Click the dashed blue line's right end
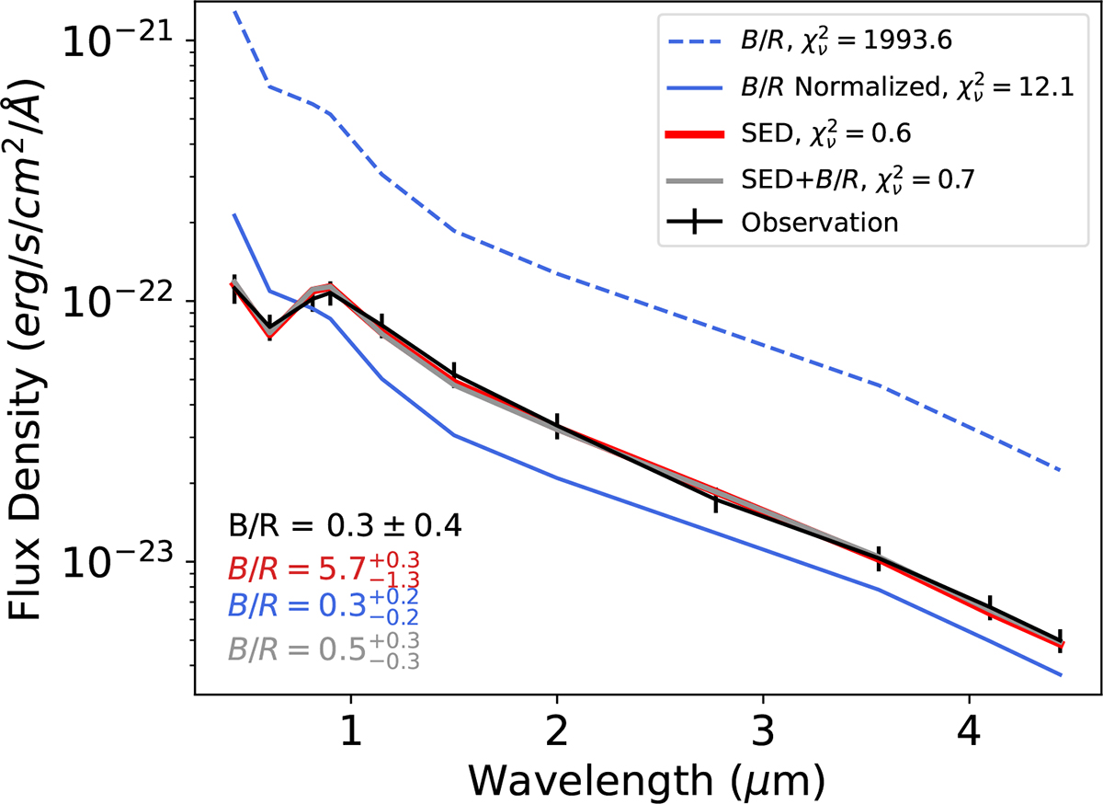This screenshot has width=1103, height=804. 1062,470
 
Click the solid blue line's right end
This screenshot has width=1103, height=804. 1062,675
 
